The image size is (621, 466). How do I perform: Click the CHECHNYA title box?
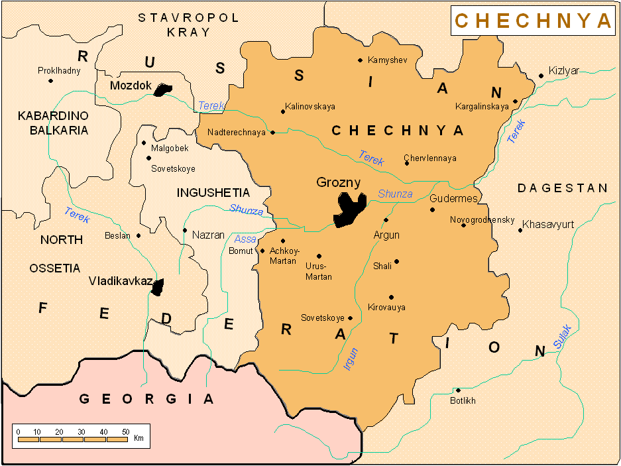pyautogui.click(x=533, y=21)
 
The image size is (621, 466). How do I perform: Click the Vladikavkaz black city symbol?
pyautogui.click(x=157, y=287)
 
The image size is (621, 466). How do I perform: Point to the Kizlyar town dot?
pyautogui.click(x=541, y=76)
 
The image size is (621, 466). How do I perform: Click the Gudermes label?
pyautogui.click(x=453, y=199)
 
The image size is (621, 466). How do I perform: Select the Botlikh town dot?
pyautogui.click(x=457, y=390)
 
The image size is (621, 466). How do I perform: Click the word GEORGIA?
pyautogui.click(x=146, y=399)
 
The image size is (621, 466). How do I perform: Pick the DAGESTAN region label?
pyautogui.click(x=562, y=188)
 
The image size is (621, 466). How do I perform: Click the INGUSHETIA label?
pyautogui.click(x=213, y=193)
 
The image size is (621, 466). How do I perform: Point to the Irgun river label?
pyautogui.click(x=350, y=359)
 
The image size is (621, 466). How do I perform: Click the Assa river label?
pyautogui.click(x=245, y=239)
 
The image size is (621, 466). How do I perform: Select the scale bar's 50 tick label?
pyautogui.click(x=125, y=432)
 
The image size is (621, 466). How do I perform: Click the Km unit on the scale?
pyautogui.click(x=139, y=438)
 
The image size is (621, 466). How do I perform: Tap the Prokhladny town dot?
pyautogui.click(x=50, y=81)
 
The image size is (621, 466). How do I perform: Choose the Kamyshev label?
pyautogui.click(x=386, y=60)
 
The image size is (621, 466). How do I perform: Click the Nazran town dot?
pyautogui.click(x=184, y=230)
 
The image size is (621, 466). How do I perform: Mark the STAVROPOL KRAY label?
pyautogui.click(x=188, y=25)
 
